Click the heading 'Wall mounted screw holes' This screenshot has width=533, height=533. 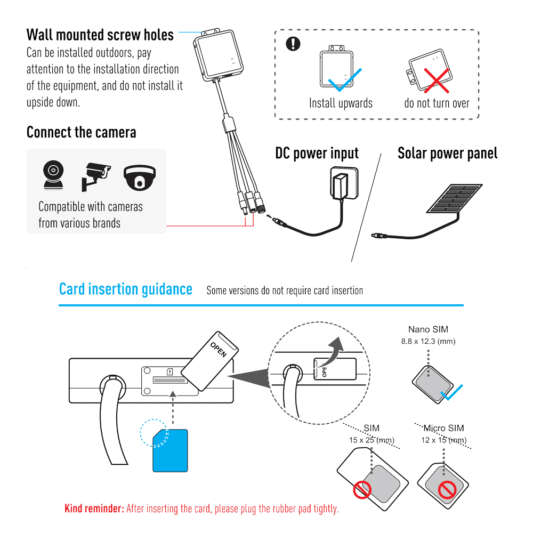tap(100, 35)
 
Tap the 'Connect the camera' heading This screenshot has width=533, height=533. tap(81, 132)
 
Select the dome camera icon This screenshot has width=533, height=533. tap(140, 177)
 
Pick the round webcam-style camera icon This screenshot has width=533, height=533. tap(53, 175)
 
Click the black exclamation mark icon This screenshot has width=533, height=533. tap(293, 44)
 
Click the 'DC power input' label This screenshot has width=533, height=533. tap(317, 154)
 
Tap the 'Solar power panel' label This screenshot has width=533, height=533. tap(447, 154)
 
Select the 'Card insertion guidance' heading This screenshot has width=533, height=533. tap(125, 289)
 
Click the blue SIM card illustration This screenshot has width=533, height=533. tap(170, 450)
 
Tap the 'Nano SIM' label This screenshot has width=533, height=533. tap(427, 329)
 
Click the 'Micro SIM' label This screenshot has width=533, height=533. tap(443, 428)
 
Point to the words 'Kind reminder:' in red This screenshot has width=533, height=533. tap(94, 508)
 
